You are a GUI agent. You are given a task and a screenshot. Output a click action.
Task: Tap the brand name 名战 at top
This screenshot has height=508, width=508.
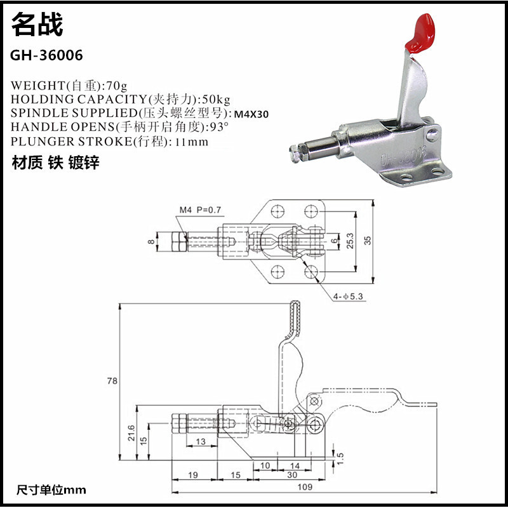coord(37,25)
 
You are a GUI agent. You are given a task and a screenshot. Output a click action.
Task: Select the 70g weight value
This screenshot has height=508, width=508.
coord(117,85)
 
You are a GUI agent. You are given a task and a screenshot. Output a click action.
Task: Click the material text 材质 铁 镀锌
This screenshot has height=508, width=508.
coord(56,163)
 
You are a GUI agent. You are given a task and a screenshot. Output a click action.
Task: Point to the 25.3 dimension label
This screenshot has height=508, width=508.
coord(351,240)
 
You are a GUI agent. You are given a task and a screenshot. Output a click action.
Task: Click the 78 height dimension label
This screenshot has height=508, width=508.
coord(112,381)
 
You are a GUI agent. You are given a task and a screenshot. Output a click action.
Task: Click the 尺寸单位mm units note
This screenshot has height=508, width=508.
coord(51,490)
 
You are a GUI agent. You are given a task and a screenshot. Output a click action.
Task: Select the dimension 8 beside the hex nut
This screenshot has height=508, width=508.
coord(150,241)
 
